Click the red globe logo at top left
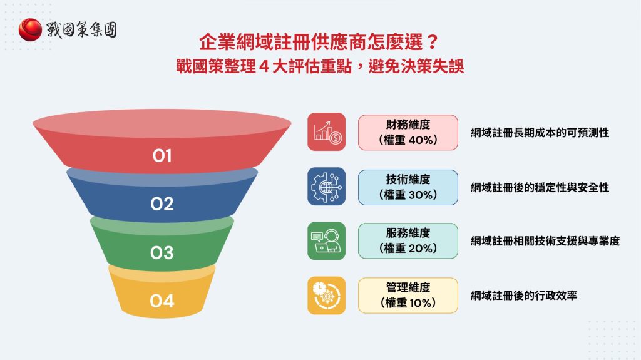tap(31, 29)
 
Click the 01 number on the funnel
tap(162, 155)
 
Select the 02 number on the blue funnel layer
tap(162, 204)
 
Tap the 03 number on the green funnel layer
tap(162, 252)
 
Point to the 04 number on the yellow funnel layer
tap(162, 301)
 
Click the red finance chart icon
tap(326, 131)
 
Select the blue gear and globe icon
tap(326, 186)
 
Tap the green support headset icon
tap(326, 240)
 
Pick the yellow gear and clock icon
tap(326, 296)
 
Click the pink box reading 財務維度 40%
tap(408, 132)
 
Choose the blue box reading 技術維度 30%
tap(408, 187)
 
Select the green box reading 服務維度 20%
tap(408, 241)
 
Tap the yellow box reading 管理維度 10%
tap(408, 296)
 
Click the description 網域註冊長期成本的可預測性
tap(540, 133)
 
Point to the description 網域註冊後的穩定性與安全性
tap(540, 187)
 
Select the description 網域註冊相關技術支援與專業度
tap(545, 241)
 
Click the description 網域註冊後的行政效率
tap(523, 296)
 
